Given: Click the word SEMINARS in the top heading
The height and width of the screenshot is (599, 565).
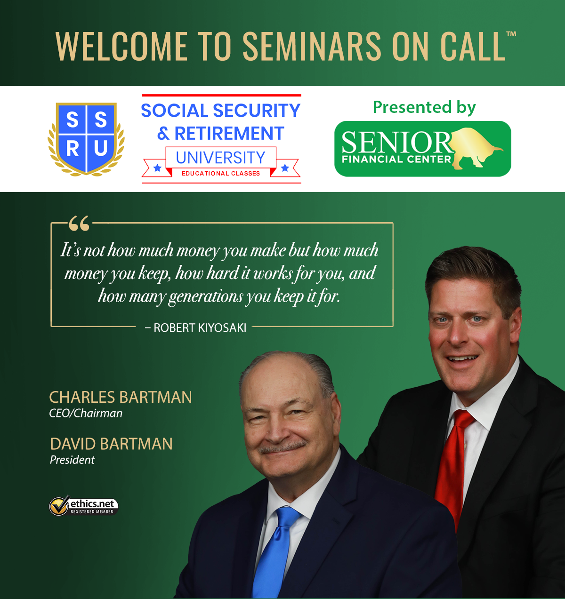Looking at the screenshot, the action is pos(313,46).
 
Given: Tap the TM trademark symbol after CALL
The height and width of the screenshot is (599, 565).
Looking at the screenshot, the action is pos(511,34).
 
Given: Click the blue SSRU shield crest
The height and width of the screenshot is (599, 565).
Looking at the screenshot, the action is pos(86,139).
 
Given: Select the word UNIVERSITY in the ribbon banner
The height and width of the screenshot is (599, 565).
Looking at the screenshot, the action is pos(221,158).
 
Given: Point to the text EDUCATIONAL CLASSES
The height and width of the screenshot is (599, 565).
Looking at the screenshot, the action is pos(221,174).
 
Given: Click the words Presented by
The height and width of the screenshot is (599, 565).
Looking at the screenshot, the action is pos(424,108).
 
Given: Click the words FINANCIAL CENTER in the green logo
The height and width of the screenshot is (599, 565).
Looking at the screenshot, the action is pos(396,159).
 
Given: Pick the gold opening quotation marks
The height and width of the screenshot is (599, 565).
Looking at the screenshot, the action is pos(79,223).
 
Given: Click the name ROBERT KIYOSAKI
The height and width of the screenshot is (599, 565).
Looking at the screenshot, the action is pos(200,327).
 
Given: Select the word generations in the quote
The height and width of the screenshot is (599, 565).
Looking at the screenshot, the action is pos(205,297).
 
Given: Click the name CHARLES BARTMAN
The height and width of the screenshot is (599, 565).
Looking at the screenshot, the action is pos(121,397).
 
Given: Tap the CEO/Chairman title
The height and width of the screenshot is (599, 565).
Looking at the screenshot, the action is pos(86,413).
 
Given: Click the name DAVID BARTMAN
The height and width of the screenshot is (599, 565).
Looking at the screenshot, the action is pos(111,444).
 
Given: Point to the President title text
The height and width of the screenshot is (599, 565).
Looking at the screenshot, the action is pos(72,460).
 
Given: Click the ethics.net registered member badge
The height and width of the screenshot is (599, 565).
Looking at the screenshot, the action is pos(84,506).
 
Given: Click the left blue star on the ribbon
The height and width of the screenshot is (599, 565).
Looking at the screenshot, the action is pos(157,168).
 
